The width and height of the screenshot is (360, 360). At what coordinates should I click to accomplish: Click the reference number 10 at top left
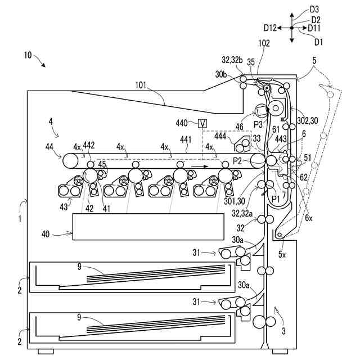coord(28,56)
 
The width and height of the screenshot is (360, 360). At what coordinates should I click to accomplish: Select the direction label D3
coord(314,10)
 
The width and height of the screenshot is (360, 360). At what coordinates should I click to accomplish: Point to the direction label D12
coord(270,27)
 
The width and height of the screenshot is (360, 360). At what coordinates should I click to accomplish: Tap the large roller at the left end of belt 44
coord(71,161)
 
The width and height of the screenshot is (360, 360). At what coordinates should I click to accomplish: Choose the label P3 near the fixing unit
coord(258,123)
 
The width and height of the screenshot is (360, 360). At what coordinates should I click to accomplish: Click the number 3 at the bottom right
coord(283,331)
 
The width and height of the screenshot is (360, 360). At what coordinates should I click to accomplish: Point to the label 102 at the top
coord(264,43)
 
